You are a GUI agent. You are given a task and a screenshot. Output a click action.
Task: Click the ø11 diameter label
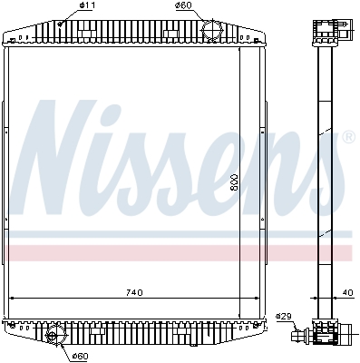click(87, 7)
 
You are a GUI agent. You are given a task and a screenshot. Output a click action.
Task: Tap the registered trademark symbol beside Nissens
click(347, 137)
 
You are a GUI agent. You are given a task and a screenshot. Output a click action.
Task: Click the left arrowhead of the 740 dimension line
click(12, 299)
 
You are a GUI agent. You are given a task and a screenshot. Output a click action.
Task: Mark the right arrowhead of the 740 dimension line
click(262, 299)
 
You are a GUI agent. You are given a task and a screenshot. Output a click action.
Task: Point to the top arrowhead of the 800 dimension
click(243, 49)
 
